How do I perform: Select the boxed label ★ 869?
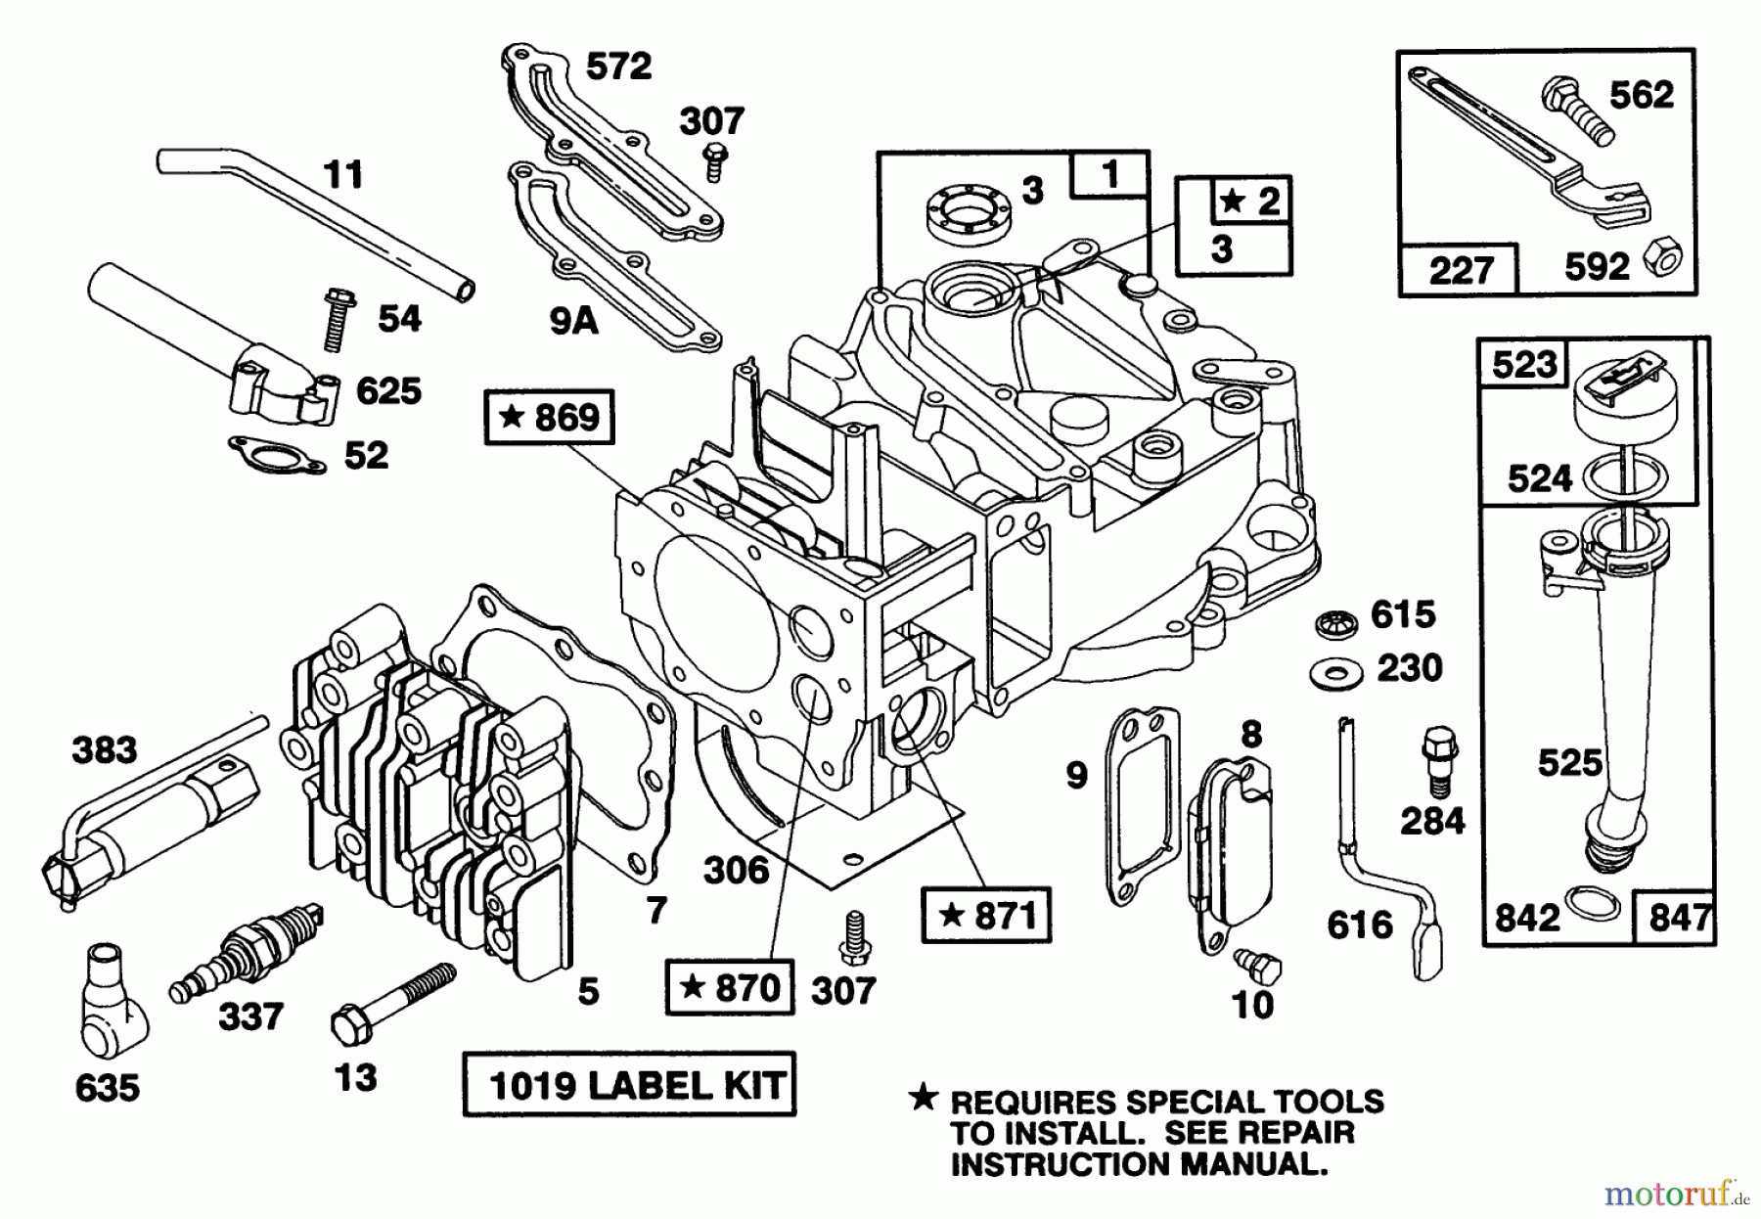pos(549,418)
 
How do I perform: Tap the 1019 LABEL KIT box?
pos(628,1084)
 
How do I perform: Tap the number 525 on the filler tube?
pos(1568,762)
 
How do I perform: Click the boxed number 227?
pos(1461,269)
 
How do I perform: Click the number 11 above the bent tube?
pos(342,175)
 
